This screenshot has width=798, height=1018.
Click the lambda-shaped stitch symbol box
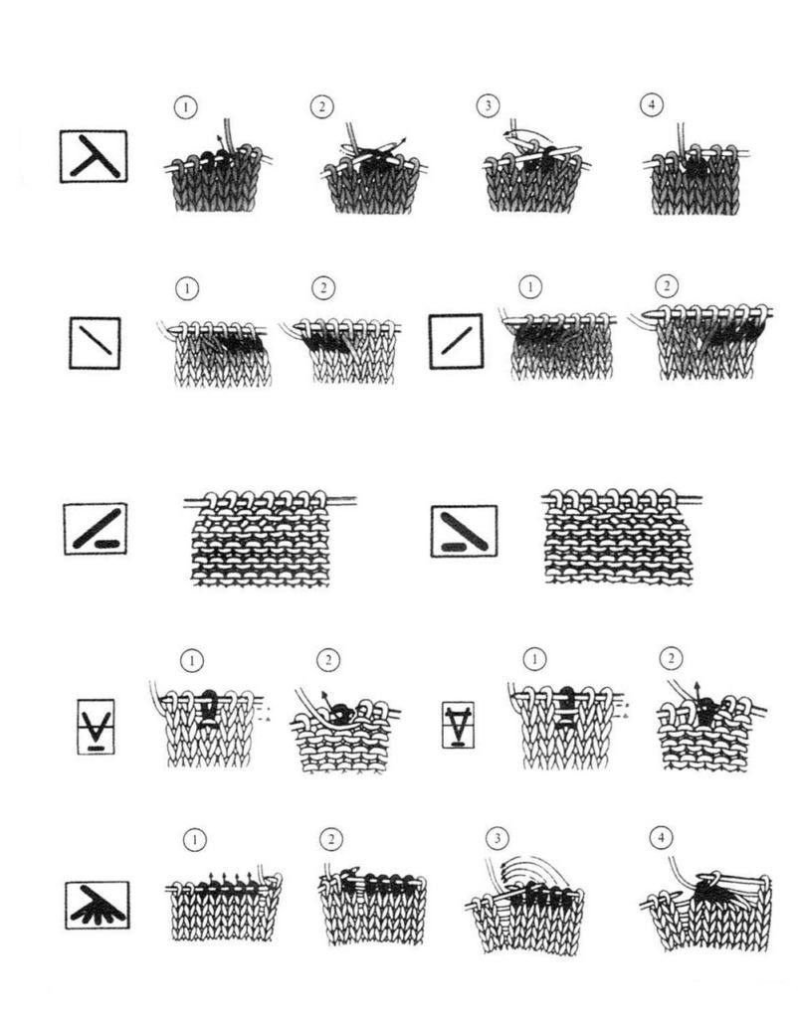point(94,156)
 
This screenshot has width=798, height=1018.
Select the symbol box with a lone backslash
point(95,343)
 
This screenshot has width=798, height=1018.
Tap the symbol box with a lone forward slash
point(456,342)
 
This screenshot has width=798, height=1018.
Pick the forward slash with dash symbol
point(96,529)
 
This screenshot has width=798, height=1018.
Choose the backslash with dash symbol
point(464,531)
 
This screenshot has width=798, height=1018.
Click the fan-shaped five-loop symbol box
point(98,905)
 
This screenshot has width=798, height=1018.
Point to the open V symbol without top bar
point(97,727)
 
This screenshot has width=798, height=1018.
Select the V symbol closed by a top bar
point(458,725)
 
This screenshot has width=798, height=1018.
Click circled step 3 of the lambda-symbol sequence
point(488,105)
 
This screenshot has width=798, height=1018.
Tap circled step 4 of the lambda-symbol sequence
point(652,104)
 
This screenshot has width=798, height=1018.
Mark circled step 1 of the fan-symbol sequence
point(194,840)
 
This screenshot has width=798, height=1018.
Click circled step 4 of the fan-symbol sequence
point(662,837)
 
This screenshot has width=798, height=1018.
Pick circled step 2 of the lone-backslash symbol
point(323,287)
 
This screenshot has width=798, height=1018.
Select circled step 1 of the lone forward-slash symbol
point(530,286)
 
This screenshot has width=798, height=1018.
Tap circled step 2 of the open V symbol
point(328,660)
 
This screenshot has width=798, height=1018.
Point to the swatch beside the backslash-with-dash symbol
point(621,536)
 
